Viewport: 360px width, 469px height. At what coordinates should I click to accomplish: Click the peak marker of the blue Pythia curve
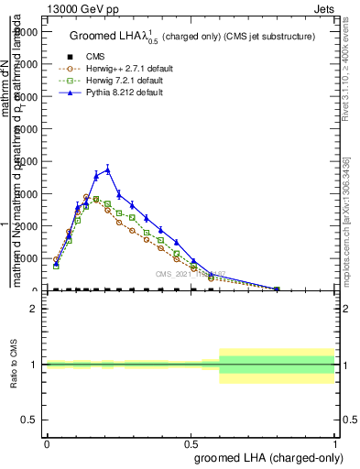pos(108,169)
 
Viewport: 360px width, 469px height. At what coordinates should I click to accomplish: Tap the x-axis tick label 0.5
pos(191,442)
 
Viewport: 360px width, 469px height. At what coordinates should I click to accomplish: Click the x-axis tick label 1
pos(334,442)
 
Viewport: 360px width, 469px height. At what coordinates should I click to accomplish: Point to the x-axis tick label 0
pos(47,442)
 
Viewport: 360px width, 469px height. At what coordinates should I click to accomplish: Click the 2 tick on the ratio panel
pos(34,309)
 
